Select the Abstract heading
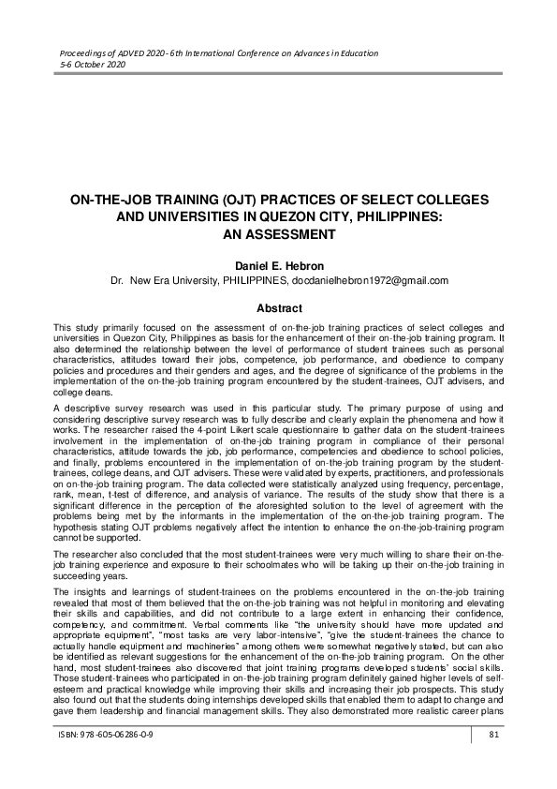click(278, 308)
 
